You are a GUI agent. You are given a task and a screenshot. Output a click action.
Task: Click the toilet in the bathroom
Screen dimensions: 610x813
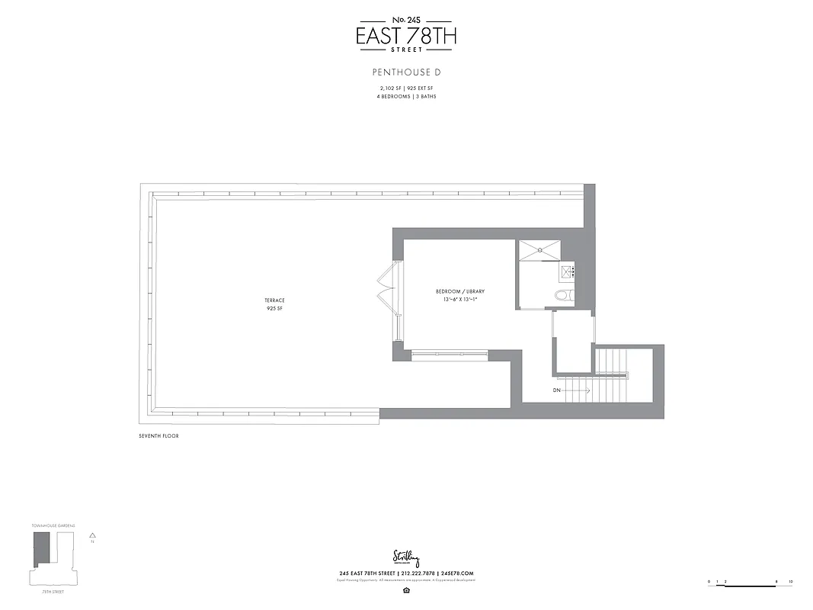(563, 295)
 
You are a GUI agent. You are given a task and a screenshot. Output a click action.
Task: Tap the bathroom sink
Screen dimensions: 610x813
(568, 271)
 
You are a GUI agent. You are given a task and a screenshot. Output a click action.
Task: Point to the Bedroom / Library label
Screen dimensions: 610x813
(459, 292)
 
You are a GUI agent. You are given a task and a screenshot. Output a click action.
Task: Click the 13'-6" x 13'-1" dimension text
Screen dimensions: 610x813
(459, 300)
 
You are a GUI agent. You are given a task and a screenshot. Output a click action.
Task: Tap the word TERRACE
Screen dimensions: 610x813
(275, 300)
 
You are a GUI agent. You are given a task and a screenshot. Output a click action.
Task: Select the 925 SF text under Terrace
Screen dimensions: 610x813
(275, 308)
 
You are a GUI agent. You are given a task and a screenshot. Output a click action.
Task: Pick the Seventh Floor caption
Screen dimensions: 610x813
(158, 435)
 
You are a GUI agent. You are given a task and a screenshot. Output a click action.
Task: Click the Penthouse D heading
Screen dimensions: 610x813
(406, 73)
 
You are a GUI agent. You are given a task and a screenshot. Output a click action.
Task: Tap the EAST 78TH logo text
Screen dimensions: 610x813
(406, 35)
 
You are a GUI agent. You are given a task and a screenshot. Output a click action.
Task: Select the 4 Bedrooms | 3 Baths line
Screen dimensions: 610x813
(406, 97)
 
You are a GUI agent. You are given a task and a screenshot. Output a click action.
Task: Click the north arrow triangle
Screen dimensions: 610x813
(92, 536)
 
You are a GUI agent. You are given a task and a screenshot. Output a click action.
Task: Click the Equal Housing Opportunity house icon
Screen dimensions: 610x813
(406, 589)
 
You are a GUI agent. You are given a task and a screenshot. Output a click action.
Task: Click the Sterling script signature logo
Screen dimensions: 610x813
(406, 557)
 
